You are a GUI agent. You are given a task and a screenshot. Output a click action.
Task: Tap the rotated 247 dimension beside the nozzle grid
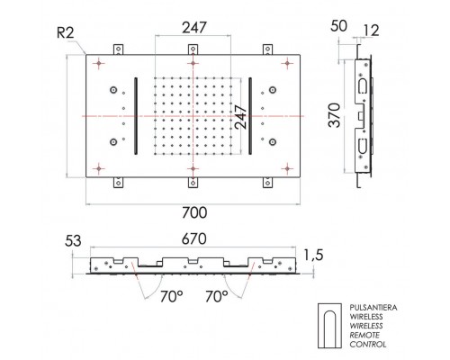tap(240, 116)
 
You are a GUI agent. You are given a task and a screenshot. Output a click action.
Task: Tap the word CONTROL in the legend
tap(362, 344)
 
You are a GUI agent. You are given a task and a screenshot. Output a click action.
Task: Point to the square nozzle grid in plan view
tap(194, 117)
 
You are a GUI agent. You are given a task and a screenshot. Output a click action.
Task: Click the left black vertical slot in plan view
tap(137, 117)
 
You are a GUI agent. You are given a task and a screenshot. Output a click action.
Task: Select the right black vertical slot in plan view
tap(250, 117)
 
